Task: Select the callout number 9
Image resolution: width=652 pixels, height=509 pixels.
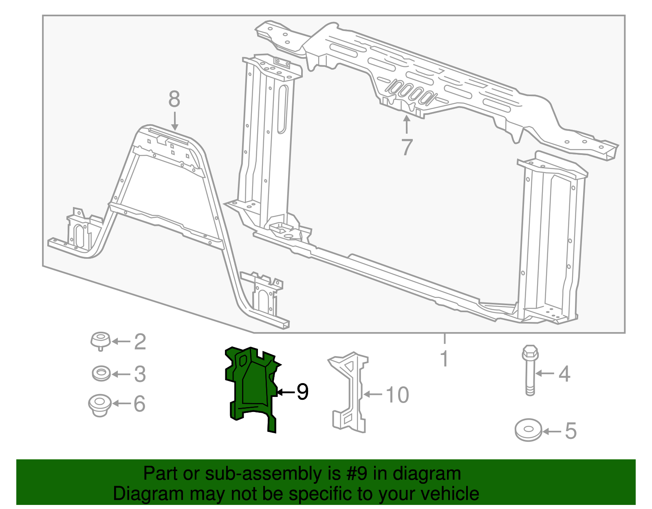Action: pos(302,392)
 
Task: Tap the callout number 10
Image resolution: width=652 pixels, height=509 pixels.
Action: pos(397,395)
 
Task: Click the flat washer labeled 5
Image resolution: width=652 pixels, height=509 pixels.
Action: pos(528,430)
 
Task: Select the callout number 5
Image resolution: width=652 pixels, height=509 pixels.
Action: pos(570,431)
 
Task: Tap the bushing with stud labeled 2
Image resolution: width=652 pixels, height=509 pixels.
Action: pos(100,341)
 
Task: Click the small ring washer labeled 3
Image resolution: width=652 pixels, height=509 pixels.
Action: pos(101,373)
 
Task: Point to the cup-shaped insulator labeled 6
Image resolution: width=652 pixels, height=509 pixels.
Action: pos(99,404)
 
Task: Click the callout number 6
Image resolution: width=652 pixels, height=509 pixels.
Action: pos(139,404)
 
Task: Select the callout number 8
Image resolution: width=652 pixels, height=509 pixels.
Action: pos(174,99)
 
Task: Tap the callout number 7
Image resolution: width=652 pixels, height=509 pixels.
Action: pos(407,147)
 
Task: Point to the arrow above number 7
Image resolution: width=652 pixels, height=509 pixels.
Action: pos(406,125)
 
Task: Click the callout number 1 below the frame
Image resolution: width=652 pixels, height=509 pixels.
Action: pos(444,359)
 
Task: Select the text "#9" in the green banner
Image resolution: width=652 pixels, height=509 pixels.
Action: pos(357,474)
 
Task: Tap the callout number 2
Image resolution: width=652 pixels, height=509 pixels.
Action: pos(140,342)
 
